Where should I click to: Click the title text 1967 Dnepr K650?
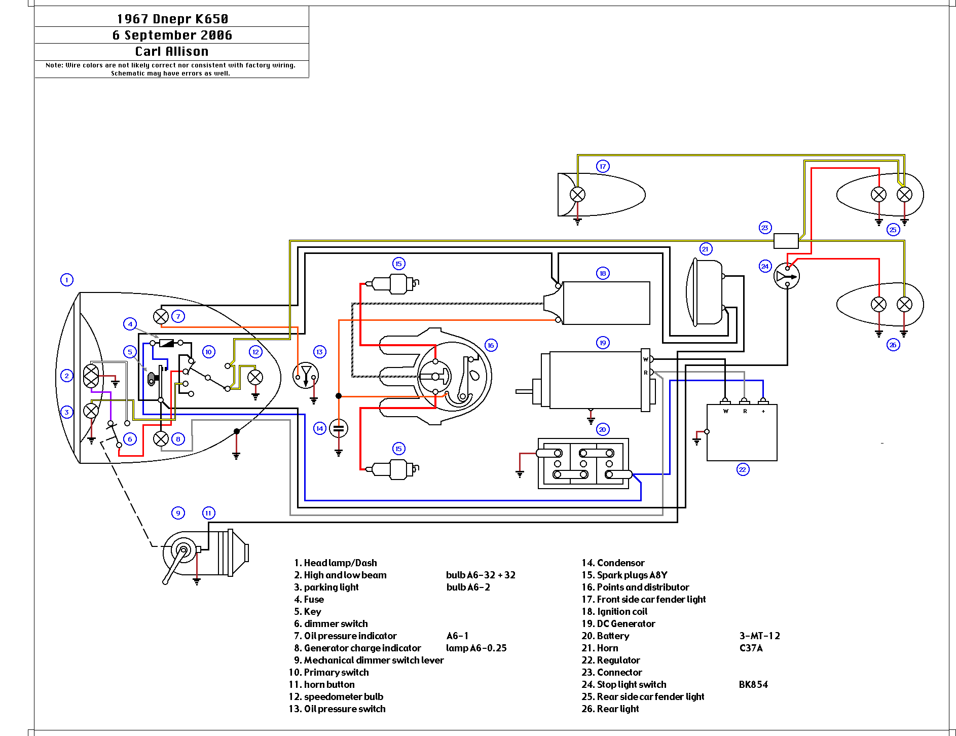(x=172, y=19)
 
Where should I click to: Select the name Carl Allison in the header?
(x=172, y=51)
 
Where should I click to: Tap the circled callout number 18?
(x=603, y=273)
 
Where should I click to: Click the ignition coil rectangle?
(x=606, y=303)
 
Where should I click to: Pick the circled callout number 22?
(x=743, y=469)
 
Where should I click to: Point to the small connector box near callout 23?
(x=786, y=240)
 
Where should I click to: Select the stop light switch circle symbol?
(x=787, y=276)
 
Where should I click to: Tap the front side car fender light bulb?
(x=577, y=194)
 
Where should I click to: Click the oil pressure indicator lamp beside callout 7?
(x=161, y=316)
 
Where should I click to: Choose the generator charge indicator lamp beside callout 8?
(x=161, y=438)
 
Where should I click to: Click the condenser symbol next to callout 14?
(x=339, y=429)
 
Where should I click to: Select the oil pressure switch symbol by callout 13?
(x=306, y=376)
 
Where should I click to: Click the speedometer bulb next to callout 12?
(x=255, y=377)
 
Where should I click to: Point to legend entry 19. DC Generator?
(x=618, y=623)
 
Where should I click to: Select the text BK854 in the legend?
(x=753, y=684)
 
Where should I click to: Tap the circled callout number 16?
(x=491, y=345)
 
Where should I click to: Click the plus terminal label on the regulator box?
(x=763, y=411)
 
